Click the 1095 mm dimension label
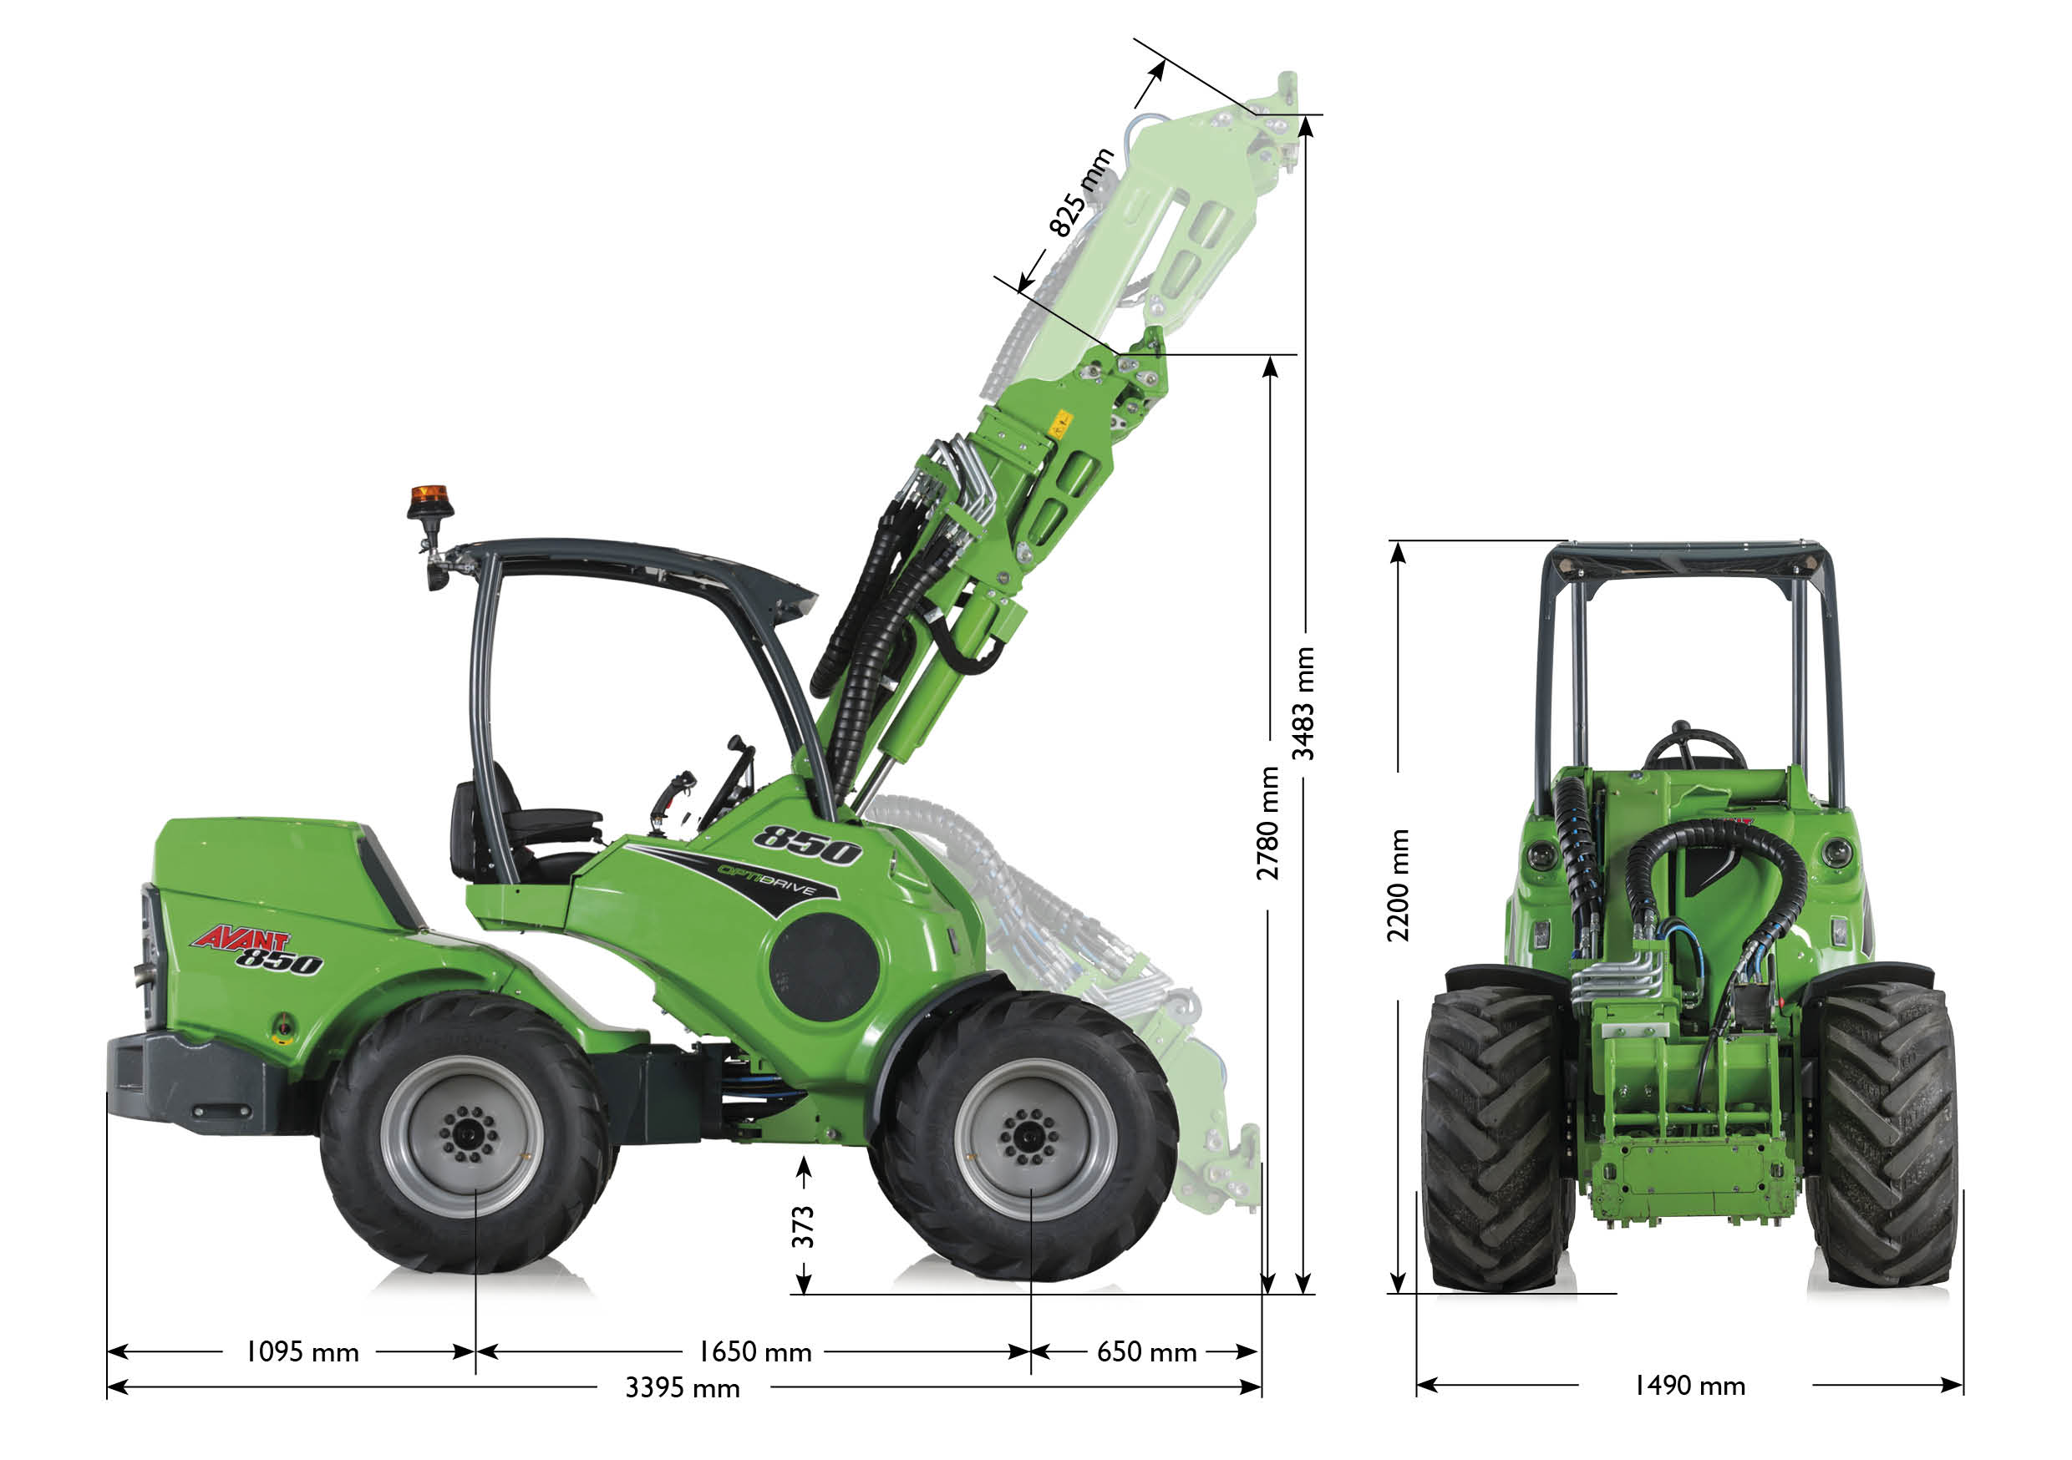click(302, 1351)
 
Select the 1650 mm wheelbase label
click(754, 1351)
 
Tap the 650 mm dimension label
click(1146, 1351)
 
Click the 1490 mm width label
click(1689, 1385)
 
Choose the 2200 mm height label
click(1398, 885)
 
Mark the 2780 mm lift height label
click(1268, 823)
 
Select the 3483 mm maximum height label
click(1303, 704)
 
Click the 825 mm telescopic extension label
click(1081, 192)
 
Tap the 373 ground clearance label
click(802, 1226)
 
